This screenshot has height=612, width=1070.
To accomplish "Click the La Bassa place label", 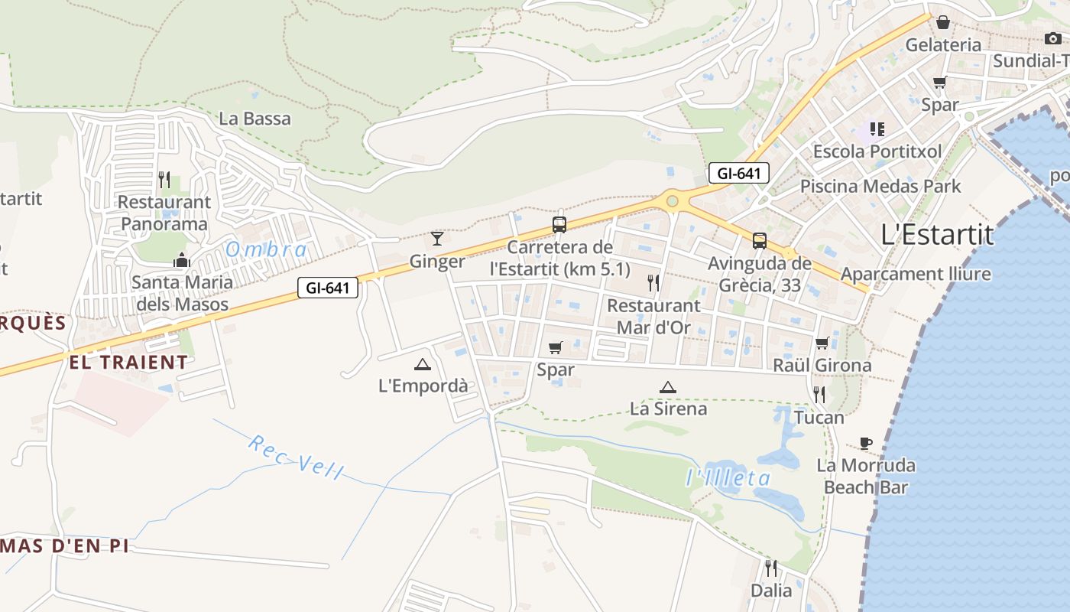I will click(255, 119).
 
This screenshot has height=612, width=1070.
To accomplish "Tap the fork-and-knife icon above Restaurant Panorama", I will click(164, 180).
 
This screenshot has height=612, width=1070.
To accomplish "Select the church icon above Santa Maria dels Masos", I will click(181, 260).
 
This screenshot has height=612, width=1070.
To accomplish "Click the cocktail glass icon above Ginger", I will click(437, 239).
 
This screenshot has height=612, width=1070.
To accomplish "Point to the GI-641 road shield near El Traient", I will click(328, 288).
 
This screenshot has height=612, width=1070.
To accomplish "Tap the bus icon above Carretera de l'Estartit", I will click(559, 225).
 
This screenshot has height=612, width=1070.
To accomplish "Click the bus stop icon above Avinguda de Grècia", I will click(760, 241).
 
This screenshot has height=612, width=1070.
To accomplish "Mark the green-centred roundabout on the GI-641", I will click(672, 201).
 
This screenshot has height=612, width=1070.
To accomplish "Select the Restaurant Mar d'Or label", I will click(653, 317).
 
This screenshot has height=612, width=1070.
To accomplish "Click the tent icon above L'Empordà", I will click(423, 365).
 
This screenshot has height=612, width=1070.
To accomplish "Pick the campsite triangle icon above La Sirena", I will click(668, 387).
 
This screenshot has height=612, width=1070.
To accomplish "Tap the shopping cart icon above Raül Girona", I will click(822, 343).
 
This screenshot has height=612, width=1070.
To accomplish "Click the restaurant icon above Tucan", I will click(819, 395).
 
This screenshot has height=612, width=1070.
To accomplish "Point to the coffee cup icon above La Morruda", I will click(866, 443).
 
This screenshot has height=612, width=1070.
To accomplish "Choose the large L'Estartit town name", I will click(938, 234).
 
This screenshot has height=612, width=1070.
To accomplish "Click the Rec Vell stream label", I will click(295, 457).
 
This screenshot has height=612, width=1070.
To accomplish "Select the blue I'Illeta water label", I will click(728, 479).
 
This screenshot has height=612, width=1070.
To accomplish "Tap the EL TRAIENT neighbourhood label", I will click(128, 363).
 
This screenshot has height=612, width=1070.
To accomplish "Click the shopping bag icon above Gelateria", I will click(943, 22).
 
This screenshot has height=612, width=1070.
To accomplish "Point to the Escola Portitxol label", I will click(877, 151).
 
